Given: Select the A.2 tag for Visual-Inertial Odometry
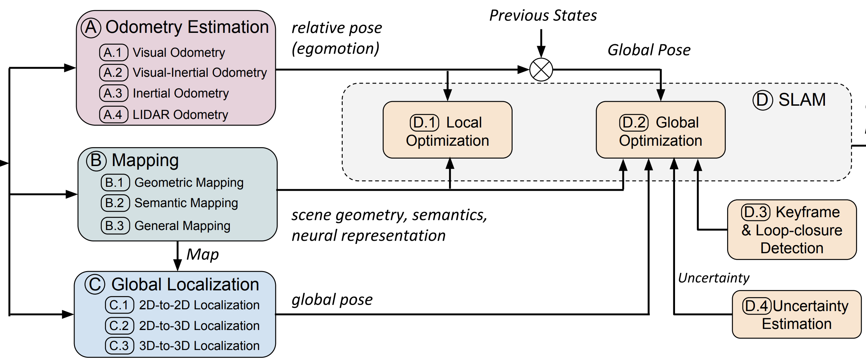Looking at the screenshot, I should pos(114,72).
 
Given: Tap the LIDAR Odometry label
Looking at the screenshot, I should pos(180,115).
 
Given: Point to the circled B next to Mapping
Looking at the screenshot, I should pos(96,160).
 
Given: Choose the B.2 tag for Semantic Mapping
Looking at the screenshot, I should pos(115,203).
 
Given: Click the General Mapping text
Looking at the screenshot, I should pos(182,226).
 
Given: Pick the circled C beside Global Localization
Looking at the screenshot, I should pos(95,285).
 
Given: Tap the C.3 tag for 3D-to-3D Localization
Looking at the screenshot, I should pos(119,346).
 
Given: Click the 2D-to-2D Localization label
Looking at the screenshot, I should pos(199,305).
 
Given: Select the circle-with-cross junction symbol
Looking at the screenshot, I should pos(541,70).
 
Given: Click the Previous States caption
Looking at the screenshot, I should pos(543,16).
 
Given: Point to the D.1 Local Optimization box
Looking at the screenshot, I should pos(447,130).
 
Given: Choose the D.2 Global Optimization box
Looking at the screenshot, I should pos(660,130).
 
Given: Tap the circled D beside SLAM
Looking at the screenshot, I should pos(762,100).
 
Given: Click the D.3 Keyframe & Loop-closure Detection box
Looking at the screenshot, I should pos(792,230).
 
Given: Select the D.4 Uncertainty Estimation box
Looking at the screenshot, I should pos(796,314).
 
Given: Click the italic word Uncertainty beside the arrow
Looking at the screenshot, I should pos(713,278).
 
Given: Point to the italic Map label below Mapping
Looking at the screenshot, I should pos(202,255).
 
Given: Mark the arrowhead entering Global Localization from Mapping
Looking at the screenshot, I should pos(177,265).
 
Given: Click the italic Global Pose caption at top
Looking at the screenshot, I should pos(649,50).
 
